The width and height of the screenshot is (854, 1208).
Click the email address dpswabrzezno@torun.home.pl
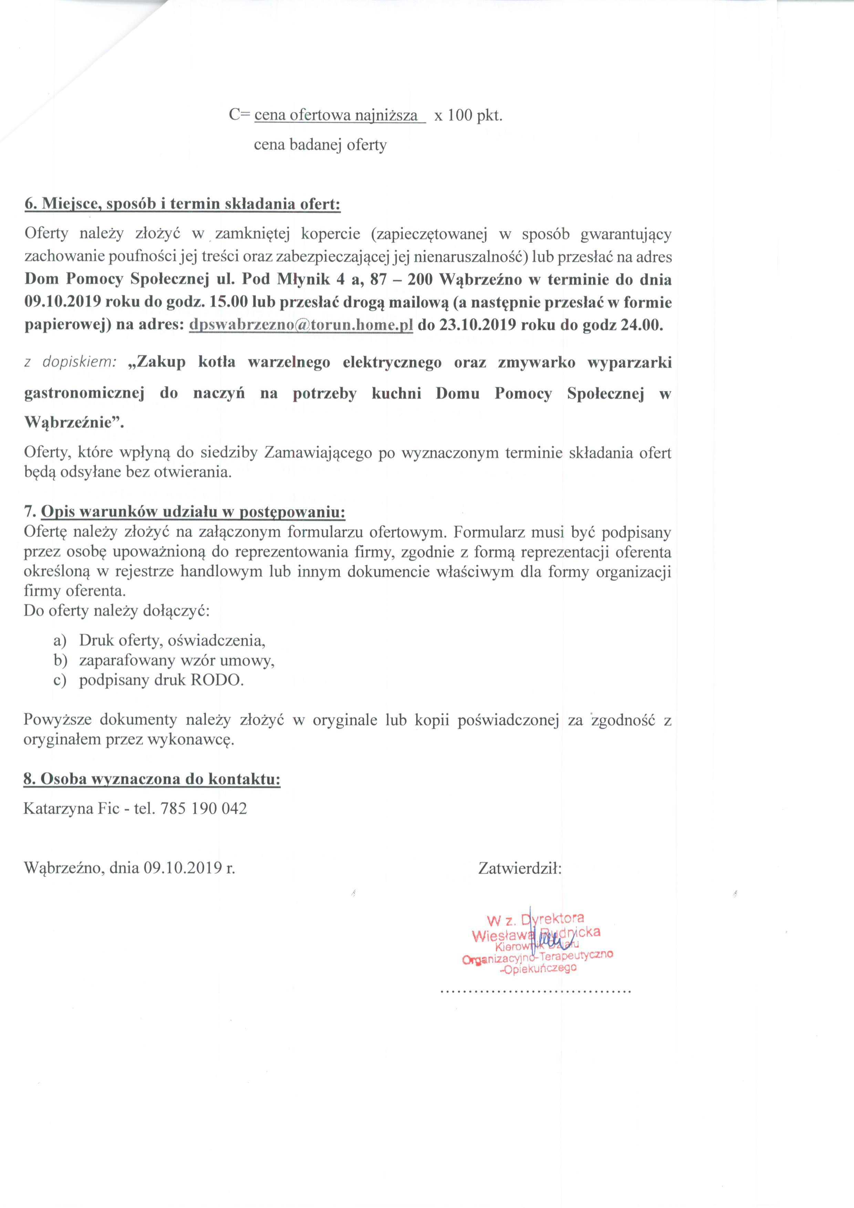click(300, 325)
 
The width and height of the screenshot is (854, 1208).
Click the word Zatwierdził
click(520, 868)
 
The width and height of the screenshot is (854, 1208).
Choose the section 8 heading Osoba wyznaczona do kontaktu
click(152, 779)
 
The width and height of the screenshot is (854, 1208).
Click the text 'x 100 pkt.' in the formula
click(468, 116)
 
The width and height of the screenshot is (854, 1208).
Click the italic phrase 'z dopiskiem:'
click(71, 362)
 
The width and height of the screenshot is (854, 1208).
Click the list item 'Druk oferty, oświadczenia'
click(172, 640)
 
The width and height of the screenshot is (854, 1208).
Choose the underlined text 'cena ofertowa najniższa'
click(336, 116)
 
